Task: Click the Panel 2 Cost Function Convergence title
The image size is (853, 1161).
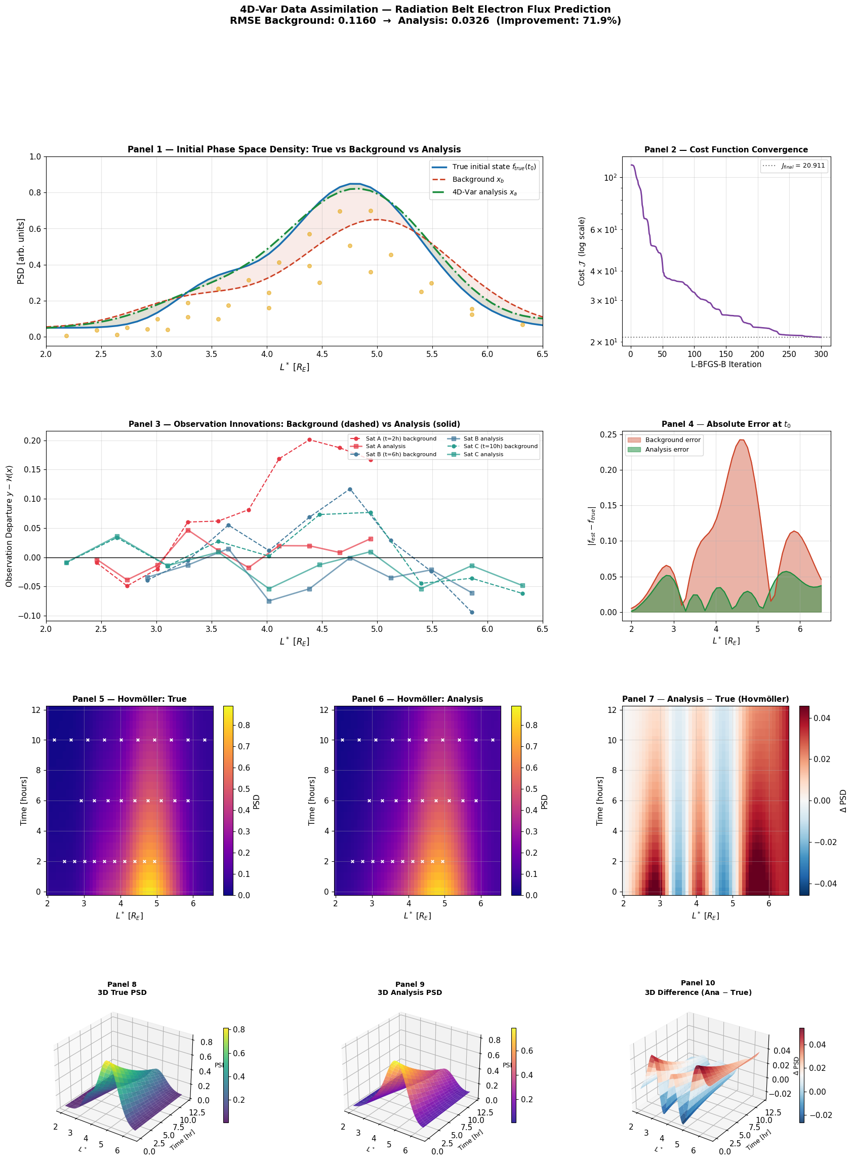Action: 726,150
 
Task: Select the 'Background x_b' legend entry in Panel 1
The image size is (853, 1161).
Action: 477,179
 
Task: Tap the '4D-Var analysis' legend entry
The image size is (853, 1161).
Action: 484,192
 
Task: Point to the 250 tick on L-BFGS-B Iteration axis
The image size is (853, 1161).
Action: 789,354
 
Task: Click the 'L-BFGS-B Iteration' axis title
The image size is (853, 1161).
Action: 726,364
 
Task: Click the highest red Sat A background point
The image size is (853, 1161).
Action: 309,439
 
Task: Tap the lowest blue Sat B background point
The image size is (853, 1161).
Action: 471,612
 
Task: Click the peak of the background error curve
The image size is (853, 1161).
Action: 742,439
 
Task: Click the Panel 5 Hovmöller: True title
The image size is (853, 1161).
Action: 130,699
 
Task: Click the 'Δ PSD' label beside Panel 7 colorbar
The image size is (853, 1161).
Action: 844,800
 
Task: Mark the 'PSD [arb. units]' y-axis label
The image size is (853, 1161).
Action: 21,251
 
